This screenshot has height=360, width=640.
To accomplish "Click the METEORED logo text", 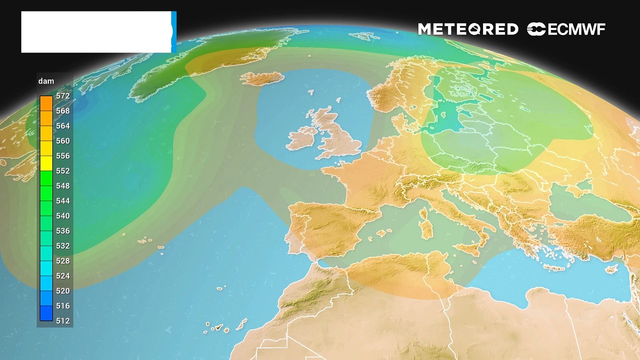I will tap(468, 29).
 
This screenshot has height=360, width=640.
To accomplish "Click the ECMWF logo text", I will tap(566, 29).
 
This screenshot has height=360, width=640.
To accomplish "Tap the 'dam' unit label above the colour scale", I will tap(46, 81).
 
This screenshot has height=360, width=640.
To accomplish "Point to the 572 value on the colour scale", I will tap(63, 96).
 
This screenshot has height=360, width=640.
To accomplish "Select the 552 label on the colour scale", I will tap(63, 171).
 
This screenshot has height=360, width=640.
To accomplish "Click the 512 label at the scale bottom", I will tap(63, 321).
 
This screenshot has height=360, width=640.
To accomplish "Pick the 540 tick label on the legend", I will tap(63, 216).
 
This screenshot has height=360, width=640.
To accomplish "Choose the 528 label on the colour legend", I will tap(63, 261).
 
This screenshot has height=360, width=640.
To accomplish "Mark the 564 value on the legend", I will tap(63, 126).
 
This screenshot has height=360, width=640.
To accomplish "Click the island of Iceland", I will tap(262, 79).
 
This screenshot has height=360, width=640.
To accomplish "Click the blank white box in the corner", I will tap(96, 32).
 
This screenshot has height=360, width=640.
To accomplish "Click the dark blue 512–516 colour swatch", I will tap(46, 313).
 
